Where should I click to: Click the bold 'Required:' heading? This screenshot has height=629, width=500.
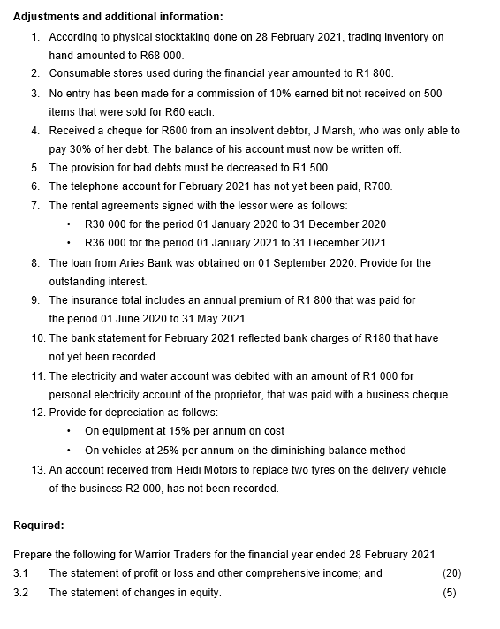tap(39, 526)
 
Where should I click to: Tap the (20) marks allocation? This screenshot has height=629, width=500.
tap(451, 573)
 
